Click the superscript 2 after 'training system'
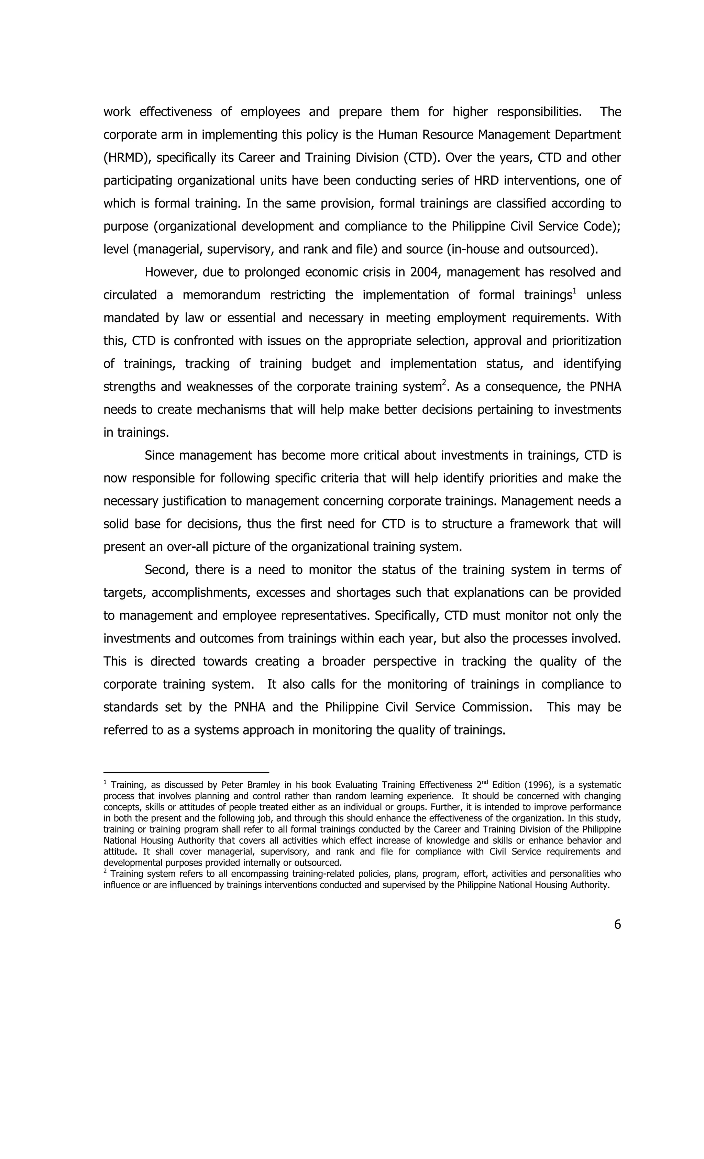coord(444,383)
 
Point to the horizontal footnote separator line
coord(186,772)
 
